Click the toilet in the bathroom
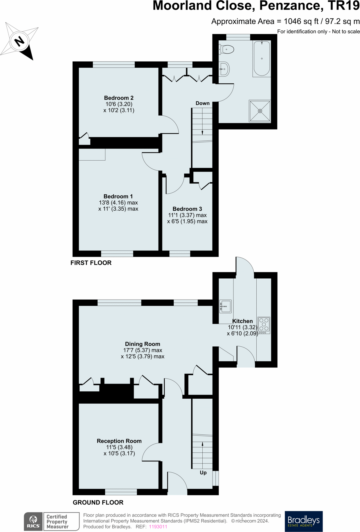[x=227, y=49]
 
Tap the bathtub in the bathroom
[x=262, y=59]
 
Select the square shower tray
[x=260, y=111]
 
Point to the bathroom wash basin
[x=224, y=69]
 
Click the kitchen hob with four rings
[x=264, y=325]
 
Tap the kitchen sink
[x=225, y=306]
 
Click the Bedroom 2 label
[x=119, y=98]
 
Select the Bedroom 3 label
[x=187, y=209]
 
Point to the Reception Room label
[x=119, y=441]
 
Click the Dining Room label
[x=143, y=344]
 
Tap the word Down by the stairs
[x=202, y=103]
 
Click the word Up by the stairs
[x=203, y=472]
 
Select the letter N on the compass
[x=19, y=41]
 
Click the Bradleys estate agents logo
[x=303, y=521]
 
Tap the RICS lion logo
[x=33, y=521]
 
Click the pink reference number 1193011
[x=158, y=526]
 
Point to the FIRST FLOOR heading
[x=91, y=263]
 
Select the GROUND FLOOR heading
[x=98, y=502]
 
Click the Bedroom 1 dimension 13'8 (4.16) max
[x=118, y=203]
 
